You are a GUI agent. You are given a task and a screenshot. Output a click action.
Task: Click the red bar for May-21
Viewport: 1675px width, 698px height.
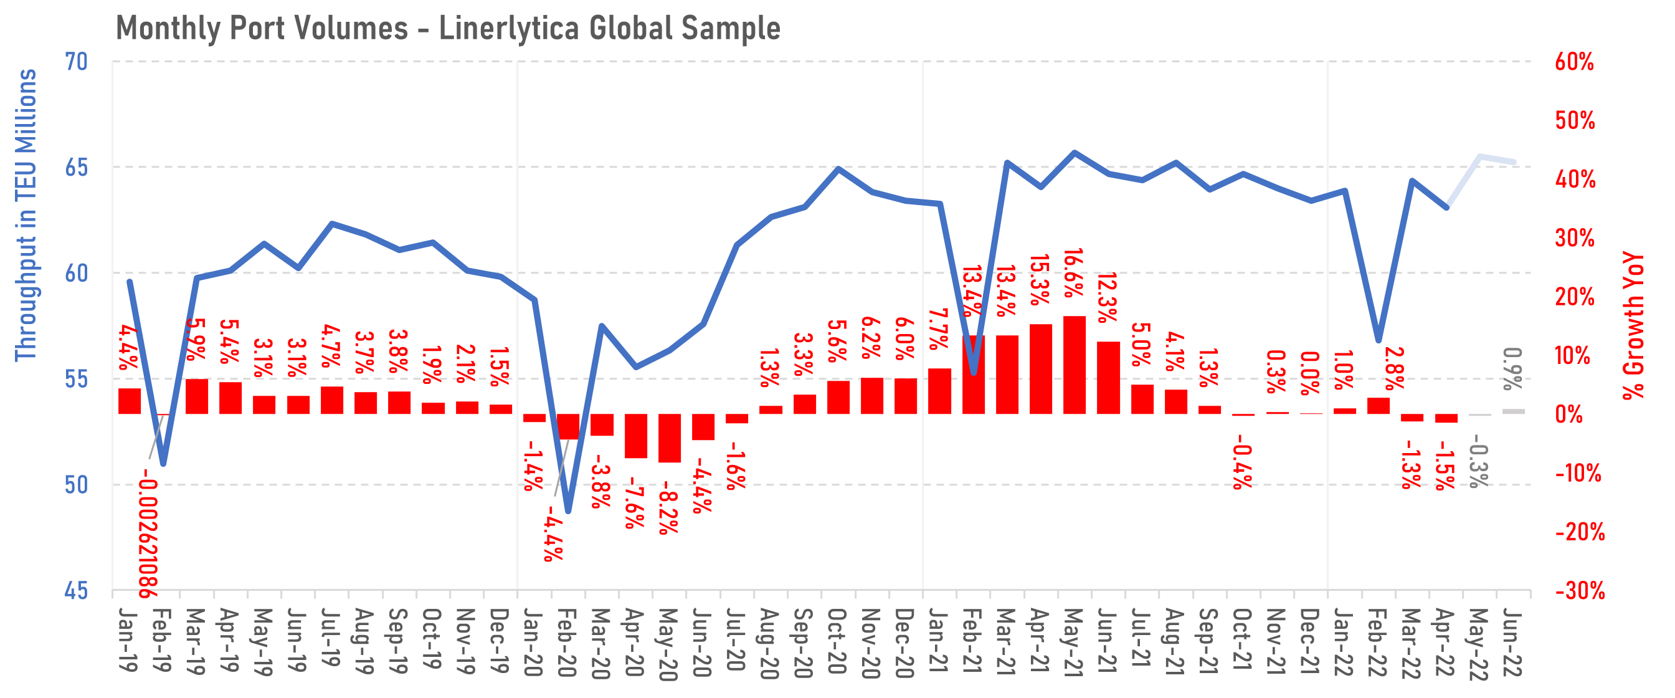pos(1074,365)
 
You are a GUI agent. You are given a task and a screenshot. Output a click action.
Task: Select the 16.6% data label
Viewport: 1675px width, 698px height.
pos(1073,273)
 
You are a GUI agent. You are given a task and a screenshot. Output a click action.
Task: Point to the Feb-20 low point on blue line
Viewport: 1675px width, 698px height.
pos(568,511)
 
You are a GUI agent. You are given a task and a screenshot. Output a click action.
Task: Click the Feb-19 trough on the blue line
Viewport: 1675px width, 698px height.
pos(163,464)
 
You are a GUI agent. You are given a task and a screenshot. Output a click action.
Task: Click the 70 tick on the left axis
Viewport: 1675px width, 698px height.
pos(76,62)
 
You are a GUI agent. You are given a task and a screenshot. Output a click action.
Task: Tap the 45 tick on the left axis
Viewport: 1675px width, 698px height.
pos(76,591)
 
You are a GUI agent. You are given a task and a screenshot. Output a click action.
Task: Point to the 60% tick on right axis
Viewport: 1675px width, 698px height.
pos(1574,62)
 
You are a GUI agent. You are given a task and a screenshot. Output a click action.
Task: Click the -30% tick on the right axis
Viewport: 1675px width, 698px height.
pos(1580,591)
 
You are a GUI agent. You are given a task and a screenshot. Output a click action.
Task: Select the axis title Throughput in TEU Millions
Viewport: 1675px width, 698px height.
pos(26,214)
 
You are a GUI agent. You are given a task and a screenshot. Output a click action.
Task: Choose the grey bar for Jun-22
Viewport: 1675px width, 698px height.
pos(1513,411)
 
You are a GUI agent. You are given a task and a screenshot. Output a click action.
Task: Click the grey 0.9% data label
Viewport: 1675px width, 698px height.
pos(1512,369)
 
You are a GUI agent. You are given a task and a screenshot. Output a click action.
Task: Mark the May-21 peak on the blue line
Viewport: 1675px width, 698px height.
pos(1074,153)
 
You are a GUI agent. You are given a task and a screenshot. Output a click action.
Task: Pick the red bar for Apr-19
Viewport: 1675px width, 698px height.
pos(230,398)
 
